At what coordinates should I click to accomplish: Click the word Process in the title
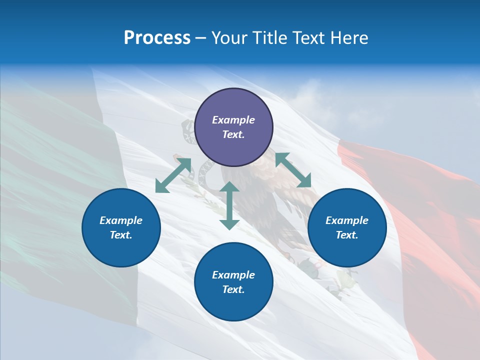(x=157, y=38)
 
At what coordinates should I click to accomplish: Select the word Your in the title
(x=230, y=38)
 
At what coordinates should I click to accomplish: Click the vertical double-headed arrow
(x=229, y=205)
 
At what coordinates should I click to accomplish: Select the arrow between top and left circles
(x=173, y=175)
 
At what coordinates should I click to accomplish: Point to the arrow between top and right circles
(x=293, y=170)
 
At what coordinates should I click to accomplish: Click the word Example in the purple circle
(x=233, y=120)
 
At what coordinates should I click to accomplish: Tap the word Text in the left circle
(x=120, y=235)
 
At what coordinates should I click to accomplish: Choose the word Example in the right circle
(x=347, y=220)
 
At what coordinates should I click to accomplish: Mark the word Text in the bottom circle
(x=232, y=289)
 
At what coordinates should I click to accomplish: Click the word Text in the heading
(x=309, y=38)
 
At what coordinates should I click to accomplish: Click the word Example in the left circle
(x=121, y=220)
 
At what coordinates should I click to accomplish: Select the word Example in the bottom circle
(x=233, y=275)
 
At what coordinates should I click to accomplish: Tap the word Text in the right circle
(x=346, y=235)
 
